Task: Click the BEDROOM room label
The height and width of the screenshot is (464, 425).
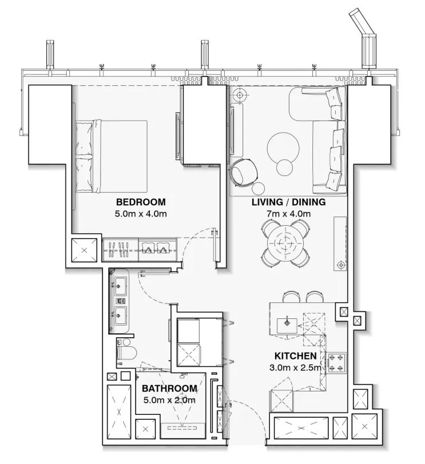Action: coord(141,202)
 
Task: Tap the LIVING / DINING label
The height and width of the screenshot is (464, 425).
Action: coord(288,202)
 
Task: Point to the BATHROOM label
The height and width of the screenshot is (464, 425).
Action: coord(169,389)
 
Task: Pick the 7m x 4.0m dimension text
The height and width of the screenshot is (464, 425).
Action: coord(288,214)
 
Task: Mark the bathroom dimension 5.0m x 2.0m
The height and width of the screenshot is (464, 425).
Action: coord(169,400)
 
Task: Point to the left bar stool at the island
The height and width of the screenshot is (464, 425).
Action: coord(291,297)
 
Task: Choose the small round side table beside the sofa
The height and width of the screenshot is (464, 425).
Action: coord(285,168)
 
